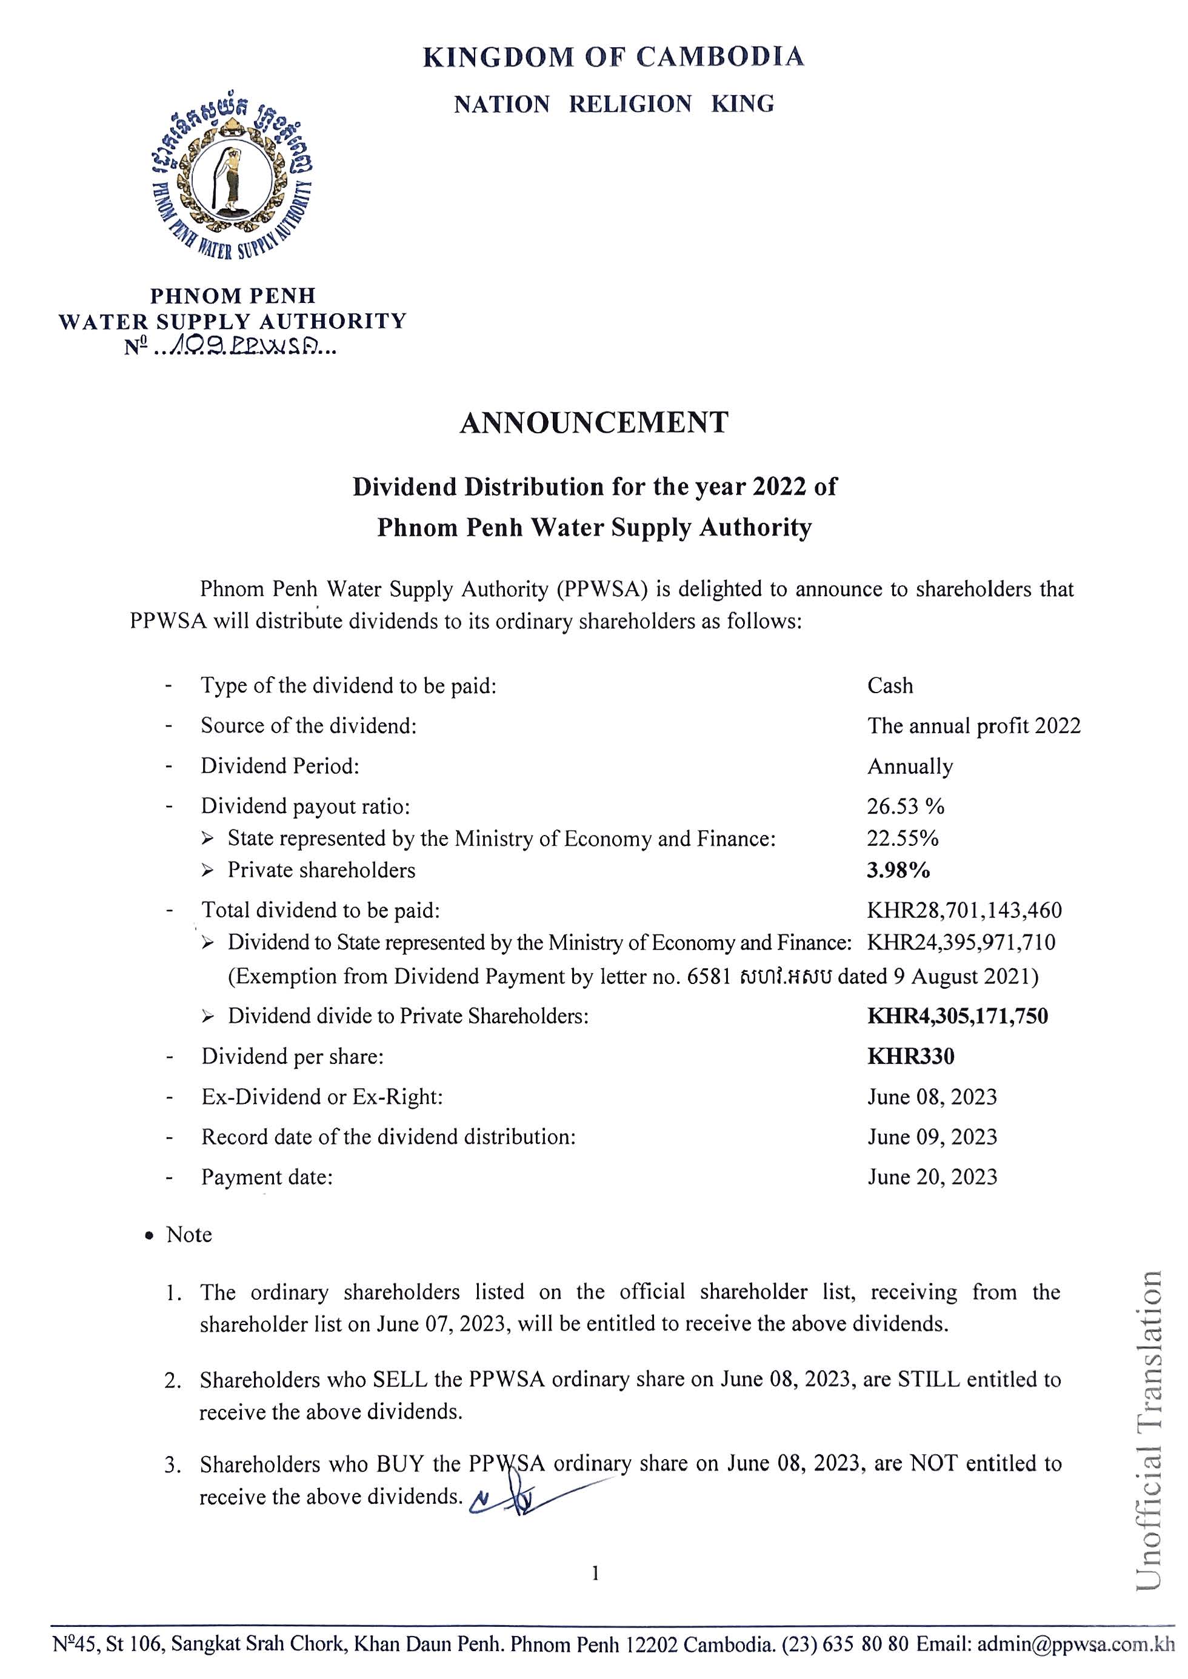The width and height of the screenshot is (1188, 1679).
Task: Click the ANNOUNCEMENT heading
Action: pos(594,423)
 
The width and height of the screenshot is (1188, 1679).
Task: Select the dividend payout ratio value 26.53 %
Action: pos(906,806)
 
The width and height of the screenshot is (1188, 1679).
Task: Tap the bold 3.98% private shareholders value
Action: pos(898,870)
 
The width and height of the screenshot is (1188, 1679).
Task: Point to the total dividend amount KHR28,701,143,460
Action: pos(964,911)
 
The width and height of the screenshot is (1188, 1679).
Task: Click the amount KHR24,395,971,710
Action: pos(961,943)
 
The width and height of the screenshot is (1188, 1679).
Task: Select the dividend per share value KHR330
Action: pos(911,1057)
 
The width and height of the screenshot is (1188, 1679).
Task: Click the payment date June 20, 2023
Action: pos(932,1177)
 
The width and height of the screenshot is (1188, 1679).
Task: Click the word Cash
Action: pos(890,686)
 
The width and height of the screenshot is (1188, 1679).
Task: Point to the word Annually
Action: pos(910,766)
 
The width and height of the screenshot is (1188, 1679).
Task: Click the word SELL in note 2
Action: pos(400,1379)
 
